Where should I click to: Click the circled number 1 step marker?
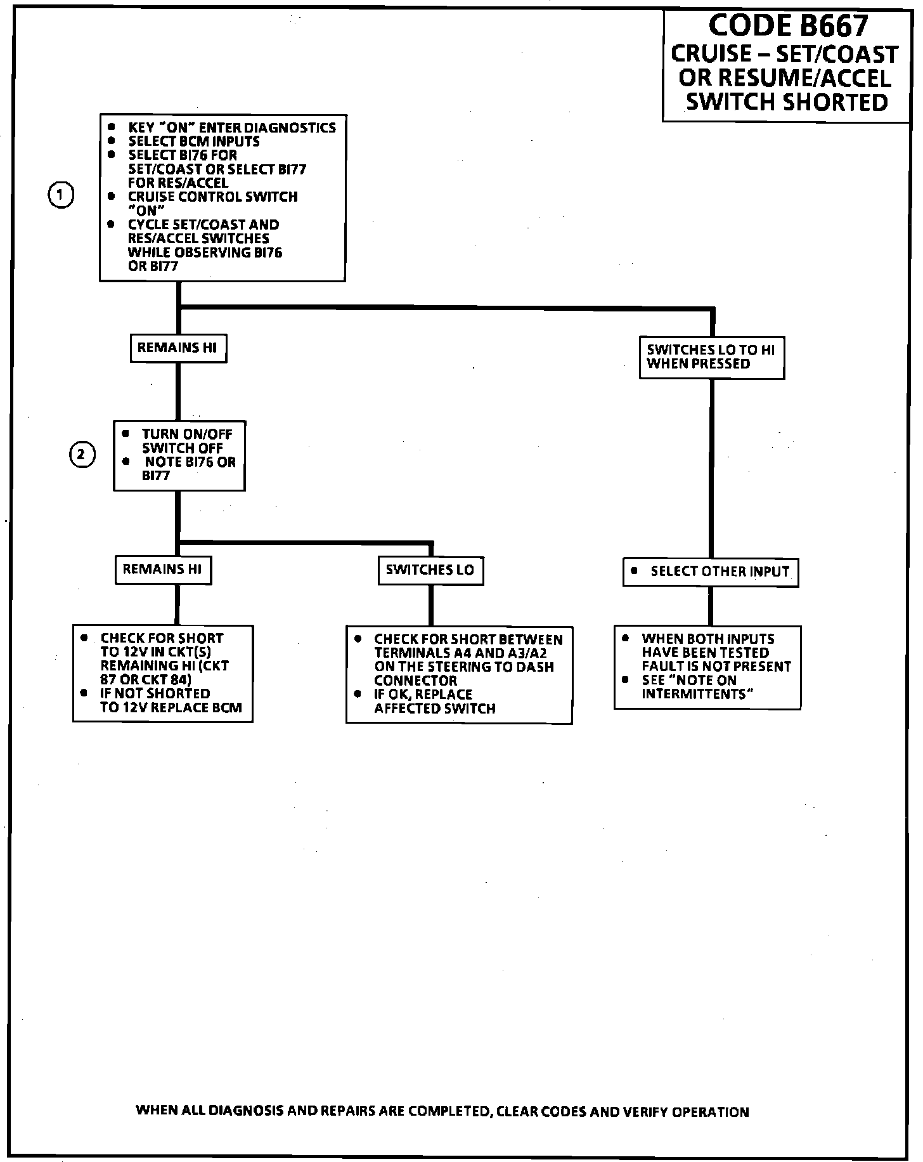(61, 195)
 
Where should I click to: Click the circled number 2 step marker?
(82, 455)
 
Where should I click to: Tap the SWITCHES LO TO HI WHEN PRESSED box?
(711, 357)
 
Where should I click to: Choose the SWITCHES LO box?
(430, 570)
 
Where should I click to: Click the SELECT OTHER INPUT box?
(711, 571)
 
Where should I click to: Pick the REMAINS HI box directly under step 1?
(177, 348)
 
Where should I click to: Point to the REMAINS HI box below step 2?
(162, 569)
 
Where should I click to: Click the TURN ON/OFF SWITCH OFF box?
(179, 455)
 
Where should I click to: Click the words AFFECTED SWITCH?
(435, 708)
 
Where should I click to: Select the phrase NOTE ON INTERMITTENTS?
(697, 687)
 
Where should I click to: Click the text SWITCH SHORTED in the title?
(787, 101)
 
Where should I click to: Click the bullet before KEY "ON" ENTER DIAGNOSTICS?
(112, 127)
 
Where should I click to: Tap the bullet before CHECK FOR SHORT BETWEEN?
(358, 639)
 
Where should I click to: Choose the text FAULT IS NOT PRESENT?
(716, 667)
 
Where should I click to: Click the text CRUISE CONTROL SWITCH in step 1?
(213, 197)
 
